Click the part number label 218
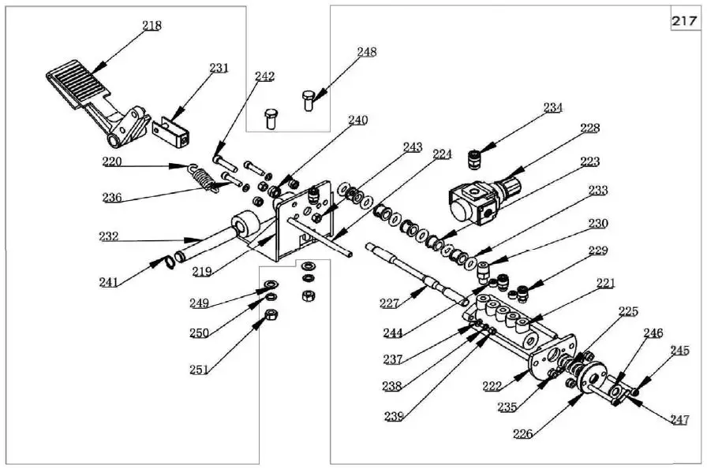click(151, 25)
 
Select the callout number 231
click(219, 68)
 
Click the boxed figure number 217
click(683, 21)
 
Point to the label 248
click(366, 52)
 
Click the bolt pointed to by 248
click(309, 99)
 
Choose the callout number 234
click(552, 107)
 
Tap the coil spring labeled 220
click(203, 178)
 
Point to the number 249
click(199, 303)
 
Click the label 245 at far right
click(679, 350)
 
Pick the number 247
click(680, 420)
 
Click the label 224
click(442, 154)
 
